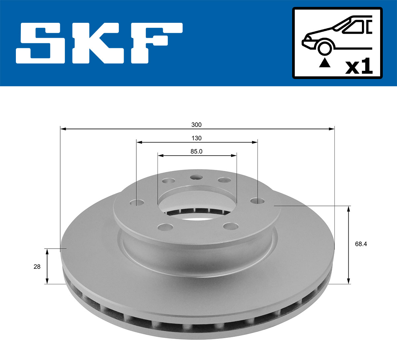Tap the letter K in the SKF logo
pyautogui.click(x=96, y=43)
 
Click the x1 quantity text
pyautogui.click(x=359, y=67)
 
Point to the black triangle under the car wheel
pyautogui.click(x=325, y=62)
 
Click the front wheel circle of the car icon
pyautogui.click(x=325, y=48)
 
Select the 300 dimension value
pyautogui.click(x=196, y=125)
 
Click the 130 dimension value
pyautogui.click(x=197, y=138)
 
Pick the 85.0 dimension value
pyautogui.click(x=196, y=151)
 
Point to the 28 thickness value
pyautogui.click(x=37, y=266)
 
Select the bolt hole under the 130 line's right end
pyautogui.click(x=257, y=201)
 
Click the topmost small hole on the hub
pyautogui.click(x=197, y=178)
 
